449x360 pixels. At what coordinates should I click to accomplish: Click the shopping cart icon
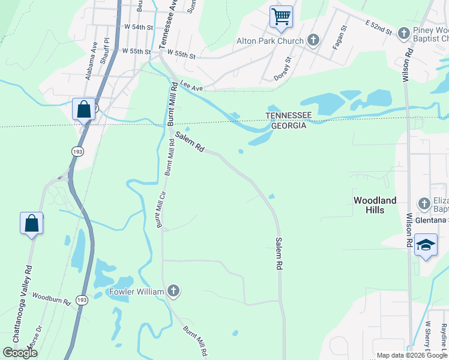[280, 16]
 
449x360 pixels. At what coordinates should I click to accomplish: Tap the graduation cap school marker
[426, 246]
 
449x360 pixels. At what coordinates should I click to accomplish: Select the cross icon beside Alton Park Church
[313, 40]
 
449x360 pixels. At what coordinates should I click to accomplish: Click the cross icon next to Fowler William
[173, 292]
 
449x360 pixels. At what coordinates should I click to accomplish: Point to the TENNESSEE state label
[286, 116]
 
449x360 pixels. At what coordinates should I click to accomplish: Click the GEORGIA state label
[286, 125]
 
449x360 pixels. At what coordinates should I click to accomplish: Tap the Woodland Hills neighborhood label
[375, 205]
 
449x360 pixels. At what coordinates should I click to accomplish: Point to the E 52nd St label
[378, 27]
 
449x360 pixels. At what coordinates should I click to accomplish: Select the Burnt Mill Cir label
[160, 209]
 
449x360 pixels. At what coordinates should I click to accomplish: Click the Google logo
[20, 353]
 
